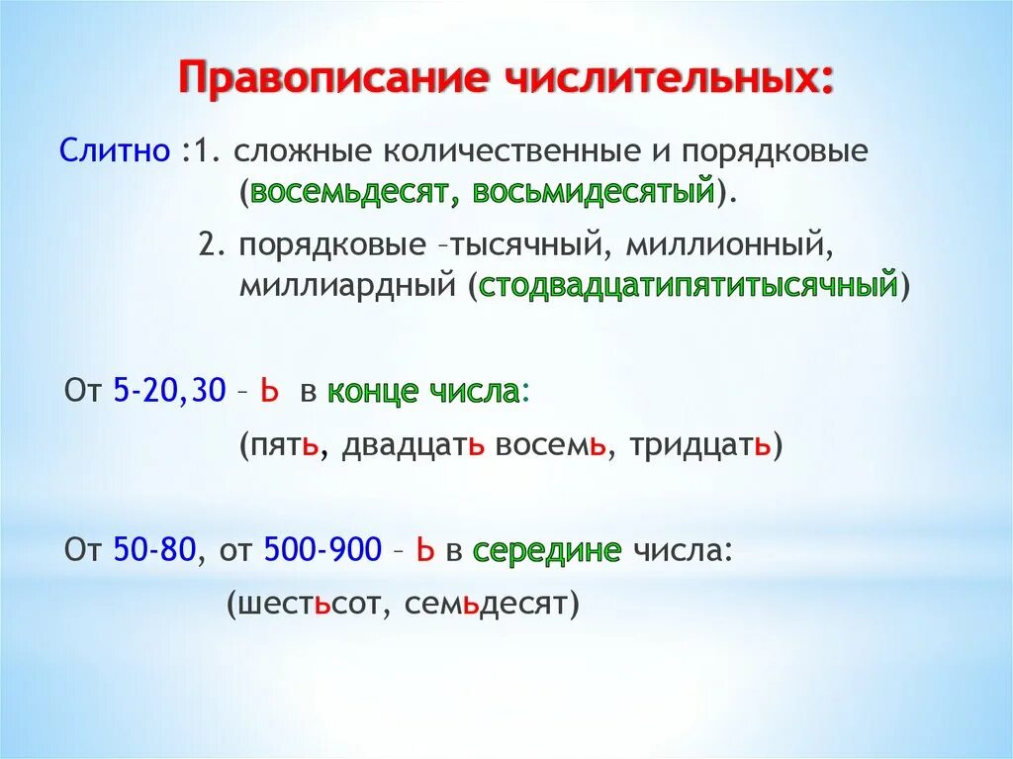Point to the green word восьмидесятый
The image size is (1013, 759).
[x=594, y=191]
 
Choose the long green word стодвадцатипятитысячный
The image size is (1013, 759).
[x=689, y=287]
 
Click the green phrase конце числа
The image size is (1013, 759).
[x=423, y=392]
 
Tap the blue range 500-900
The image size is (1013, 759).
[x=322, y=550]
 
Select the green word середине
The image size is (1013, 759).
[x=547, y=550]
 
